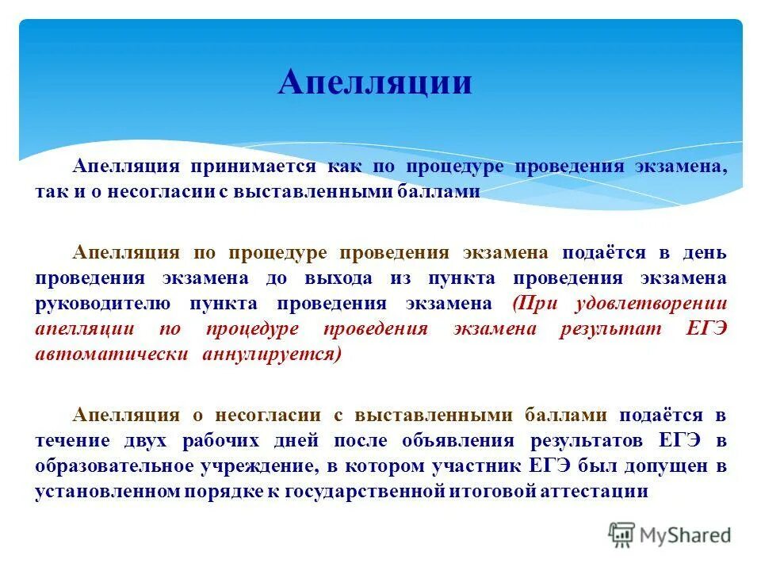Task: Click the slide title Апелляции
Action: click(x=374, y=82)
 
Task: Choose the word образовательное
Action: click(x=125, y=466)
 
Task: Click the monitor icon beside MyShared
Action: click(x=623, y=535)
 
